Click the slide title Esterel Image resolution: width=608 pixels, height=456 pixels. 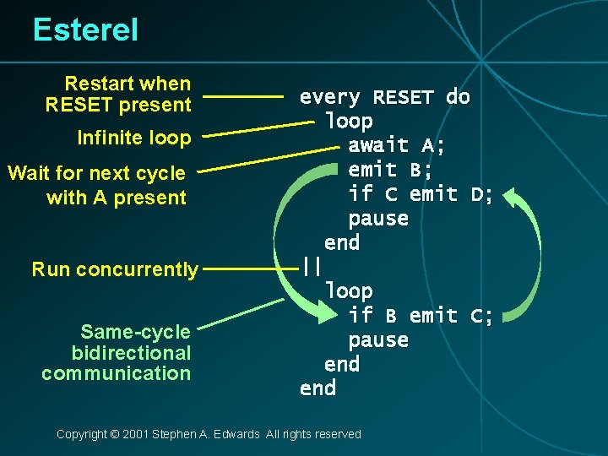85,30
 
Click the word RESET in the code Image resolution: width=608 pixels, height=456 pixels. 403,97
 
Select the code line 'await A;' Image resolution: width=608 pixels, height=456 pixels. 397,146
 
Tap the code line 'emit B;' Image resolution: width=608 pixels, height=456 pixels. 391,170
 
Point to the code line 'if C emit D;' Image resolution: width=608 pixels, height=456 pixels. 421,194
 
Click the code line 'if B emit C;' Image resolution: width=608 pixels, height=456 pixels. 421,316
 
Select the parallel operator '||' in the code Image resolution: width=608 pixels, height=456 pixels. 312,267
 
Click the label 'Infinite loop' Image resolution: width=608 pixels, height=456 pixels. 134,138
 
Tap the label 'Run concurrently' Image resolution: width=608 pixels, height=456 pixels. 115,270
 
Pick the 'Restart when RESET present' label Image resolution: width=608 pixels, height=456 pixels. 119,94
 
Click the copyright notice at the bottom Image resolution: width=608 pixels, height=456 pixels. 209,434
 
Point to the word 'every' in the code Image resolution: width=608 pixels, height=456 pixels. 330,97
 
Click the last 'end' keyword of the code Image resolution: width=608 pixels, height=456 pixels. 318,388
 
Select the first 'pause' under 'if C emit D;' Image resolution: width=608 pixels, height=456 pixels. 378,219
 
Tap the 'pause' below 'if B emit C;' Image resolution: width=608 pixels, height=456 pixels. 378,340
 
